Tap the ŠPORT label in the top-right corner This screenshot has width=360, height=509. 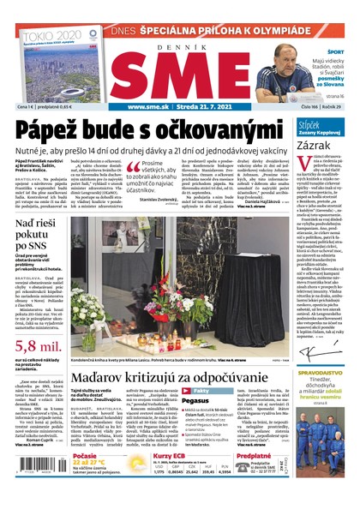pyautogui.click(x=335, y=52)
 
